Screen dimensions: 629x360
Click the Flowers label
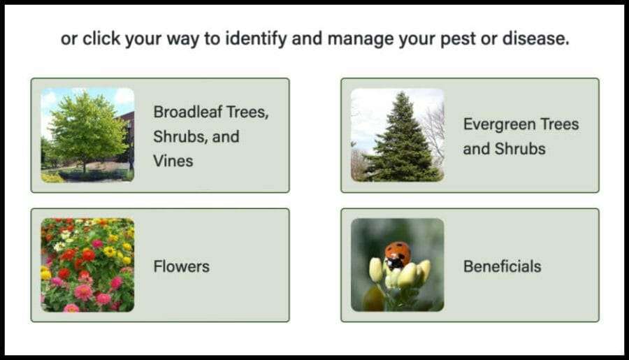(181, 266)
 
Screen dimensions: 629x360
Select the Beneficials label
(503, 266)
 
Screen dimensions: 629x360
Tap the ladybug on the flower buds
(398, 255)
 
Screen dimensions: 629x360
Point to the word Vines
(173, 161)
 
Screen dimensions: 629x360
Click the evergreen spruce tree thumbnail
(398, 135)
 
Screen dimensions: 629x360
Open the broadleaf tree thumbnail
(87, 135)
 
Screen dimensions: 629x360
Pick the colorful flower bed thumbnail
(87, 265)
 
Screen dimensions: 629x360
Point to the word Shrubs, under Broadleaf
(183, 136)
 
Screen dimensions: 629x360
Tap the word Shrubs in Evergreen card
(520, 149)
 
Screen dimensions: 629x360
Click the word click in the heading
(101, 38)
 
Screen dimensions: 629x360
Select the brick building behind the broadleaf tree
(126, 136)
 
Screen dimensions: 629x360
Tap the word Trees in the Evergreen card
(560, 124)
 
